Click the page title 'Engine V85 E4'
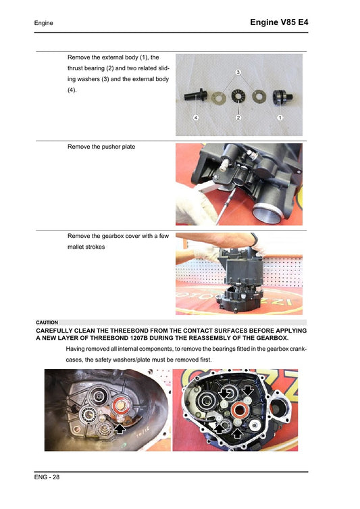(x=279, y=22)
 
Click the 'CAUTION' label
(x=47, y=322)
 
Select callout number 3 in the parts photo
(x=238, y=72)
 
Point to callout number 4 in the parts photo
(x=195, y=118)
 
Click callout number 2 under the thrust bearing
(x=238, y=118)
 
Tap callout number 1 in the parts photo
(x=280, y=118)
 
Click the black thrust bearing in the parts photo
(x=238, y=96)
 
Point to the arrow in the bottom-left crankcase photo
(x=120, y=427)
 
